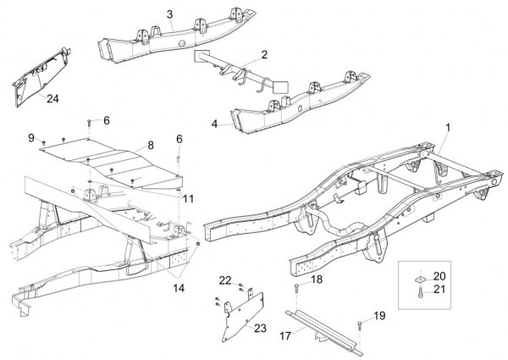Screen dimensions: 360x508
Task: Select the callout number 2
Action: [264, 54]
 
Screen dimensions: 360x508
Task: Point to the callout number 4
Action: [215, 124]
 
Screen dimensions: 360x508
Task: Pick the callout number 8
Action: [151, 146]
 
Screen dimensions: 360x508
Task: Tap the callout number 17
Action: [284, 335]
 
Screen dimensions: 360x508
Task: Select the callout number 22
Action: [224, 280]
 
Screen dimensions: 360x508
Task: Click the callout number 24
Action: [52, 98]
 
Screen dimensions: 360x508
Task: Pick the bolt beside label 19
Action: [361, 324]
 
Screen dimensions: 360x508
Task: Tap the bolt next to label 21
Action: [418, 292]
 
